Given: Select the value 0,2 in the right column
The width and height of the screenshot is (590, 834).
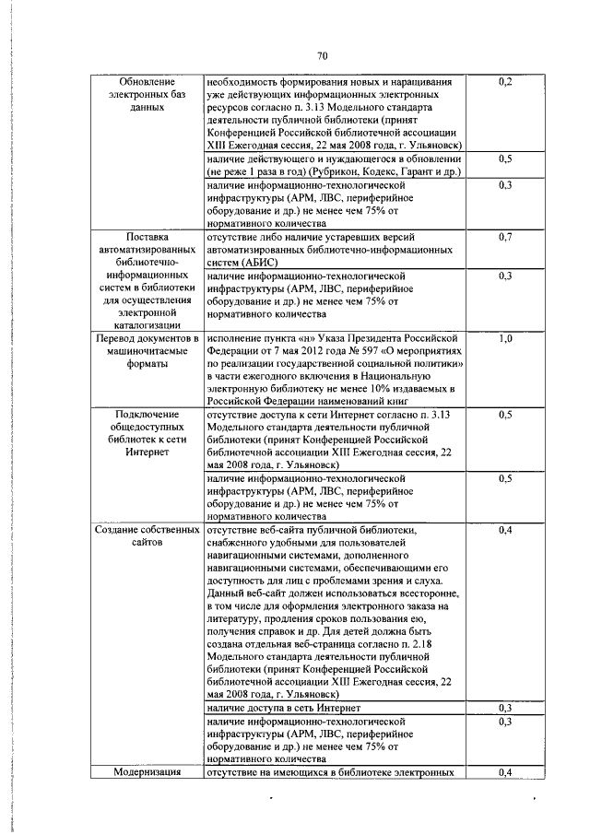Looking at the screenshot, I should pyautogui.click(x=504, y=83).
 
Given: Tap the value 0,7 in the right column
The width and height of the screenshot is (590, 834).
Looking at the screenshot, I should pyautogui.click(x=504, y=238).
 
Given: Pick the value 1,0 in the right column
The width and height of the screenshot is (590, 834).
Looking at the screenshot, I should pyautogui.click(x=504, y=339).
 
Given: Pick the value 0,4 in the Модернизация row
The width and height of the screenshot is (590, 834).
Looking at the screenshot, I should pyautogui.click(x=504, y=771).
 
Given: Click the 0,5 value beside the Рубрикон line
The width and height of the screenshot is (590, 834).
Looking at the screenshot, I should pyautogui.click(x=504, y=159).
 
